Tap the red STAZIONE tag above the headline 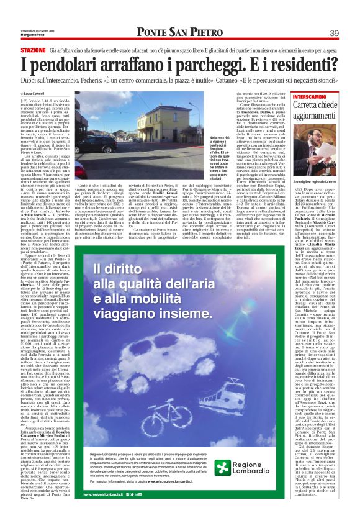coord(33,49)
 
